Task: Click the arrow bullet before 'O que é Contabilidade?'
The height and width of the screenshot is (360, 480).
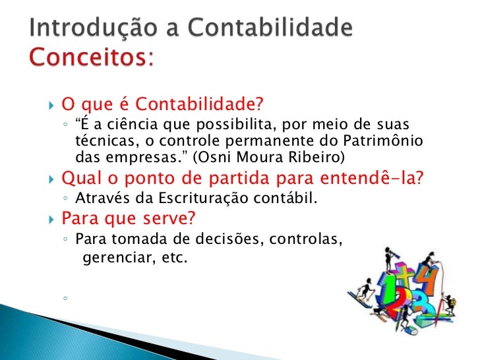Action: tap(52, 105)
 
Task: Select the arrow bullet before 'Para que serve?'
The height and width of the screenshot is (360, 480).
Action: tap(52, 218)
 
